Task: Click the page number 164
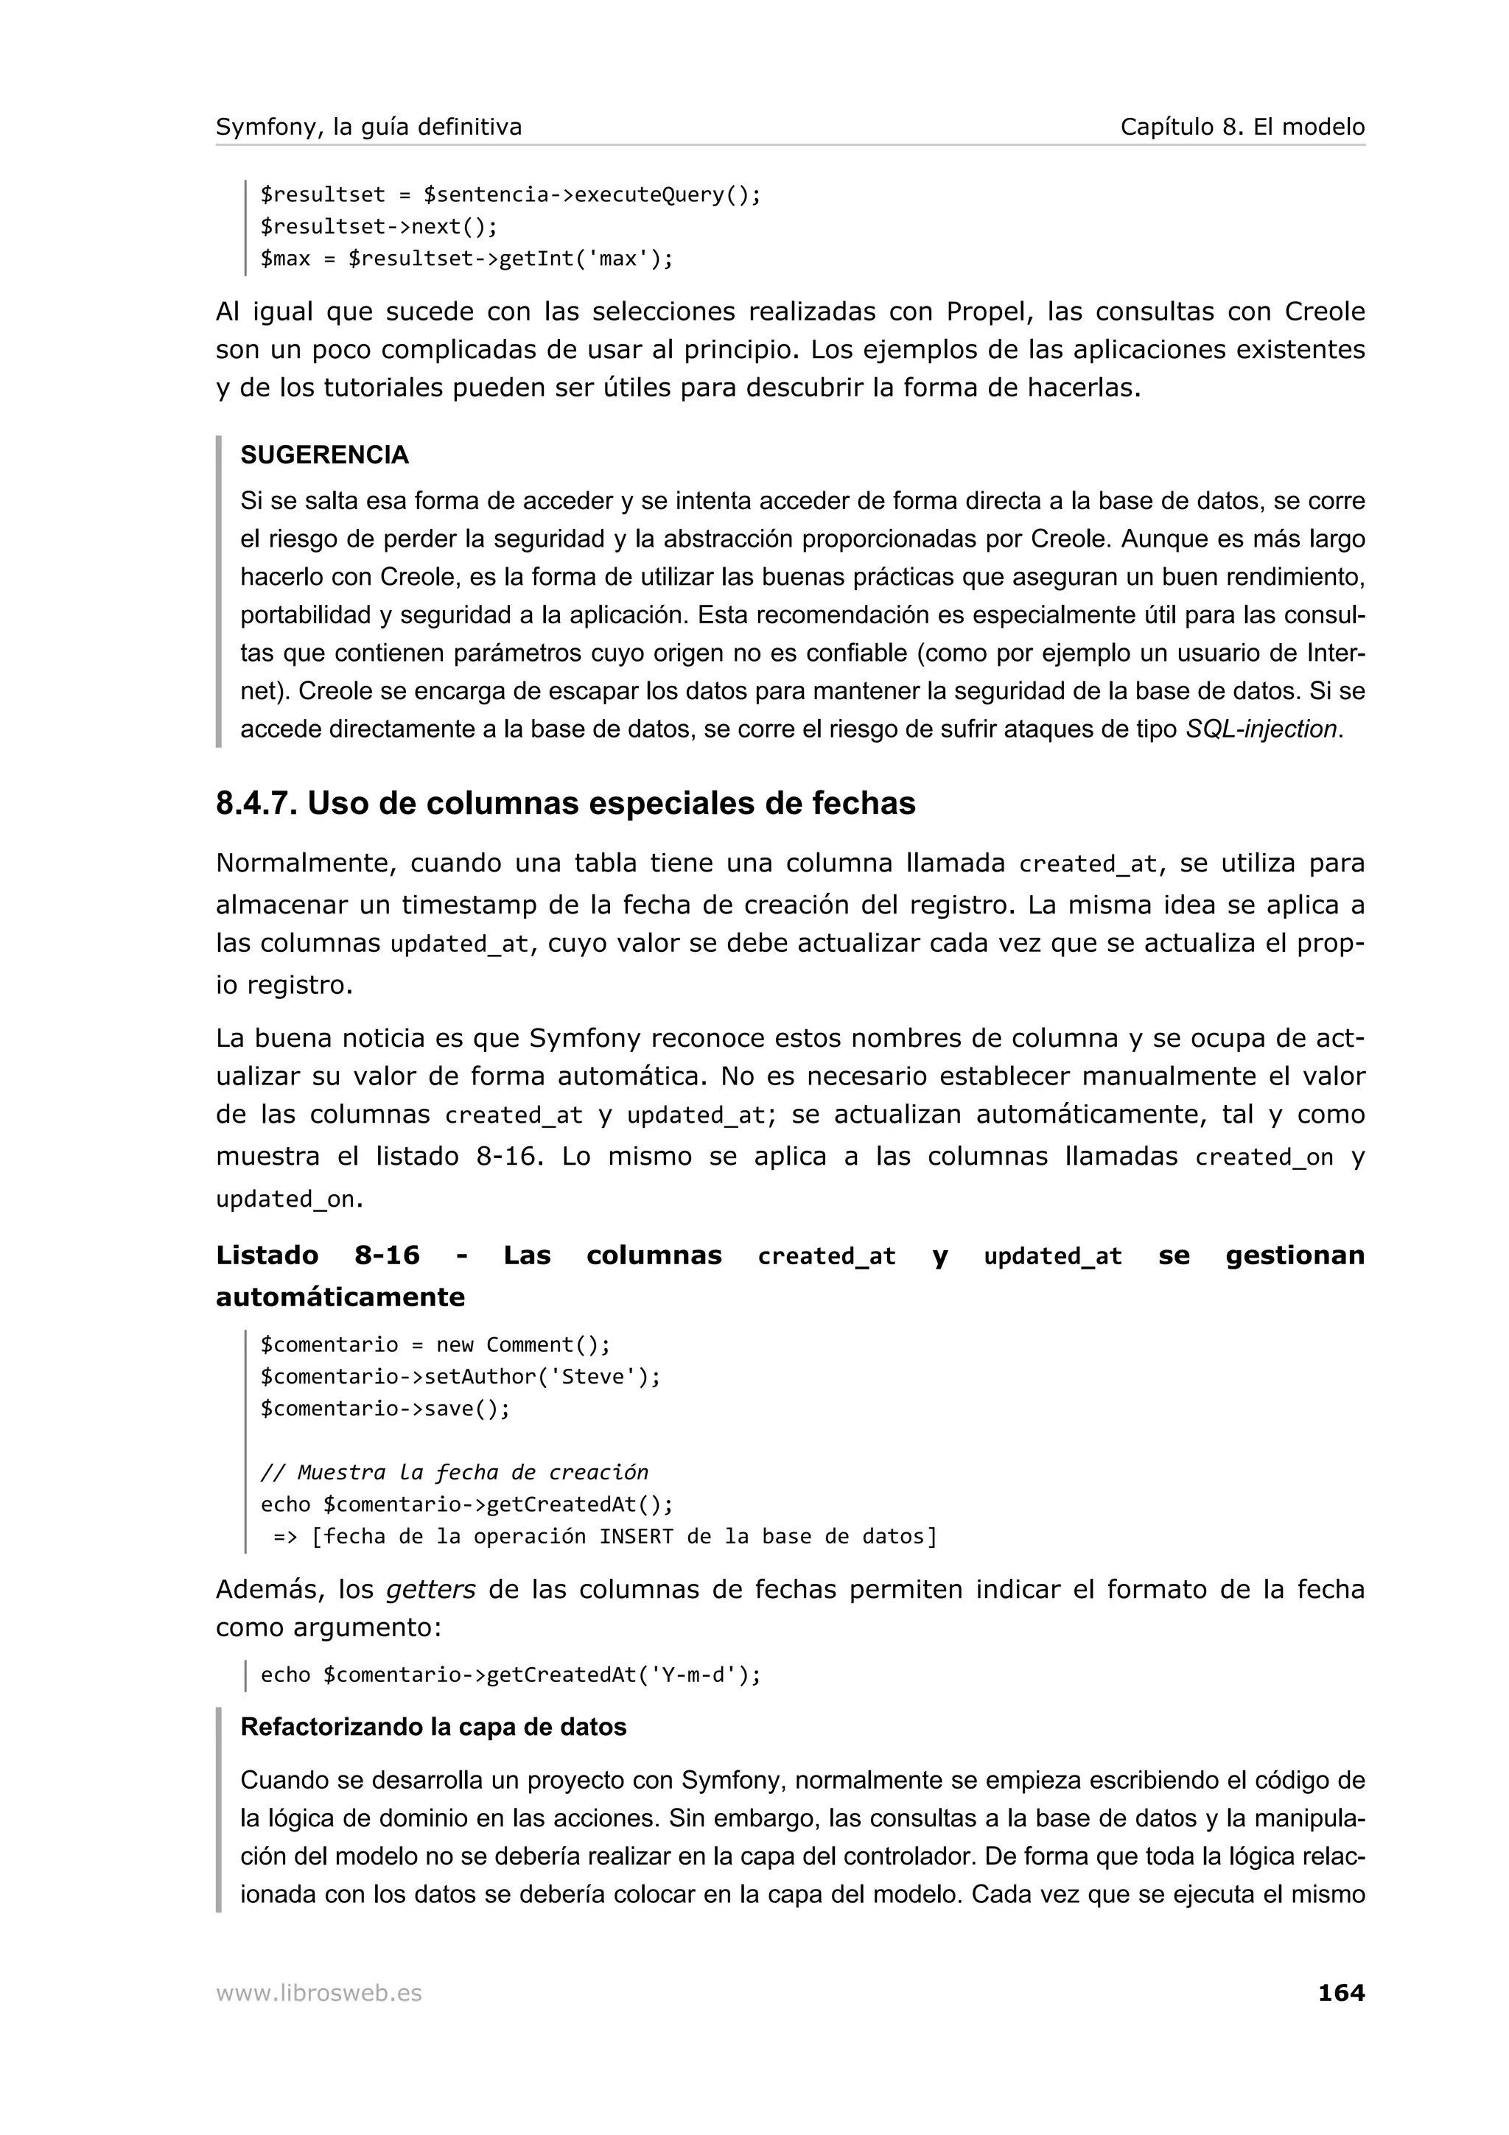pyautogui.click(x=1341, y=1993)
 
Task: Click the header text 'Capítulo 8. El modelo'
pyautogui.click(x=1242, y=127)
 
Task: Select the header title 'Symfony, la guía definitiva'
pyautogui.click(x=368, y=127)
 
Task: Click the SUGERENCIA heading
pyautogui.click(x=324, y=455)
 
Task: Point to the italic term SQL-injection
pyautogui.click(x=1261, y=729)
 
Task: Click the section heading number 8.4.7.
pyautogui.click(x=256, y=804)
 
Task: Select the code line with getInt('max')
pyautogui.click(x=466, y=259)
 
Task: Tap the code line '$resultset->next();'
pyautogui.click(x=379, y=227)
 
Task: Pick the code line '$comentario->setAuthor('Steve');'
pyautogui.click(x=461, y=1376)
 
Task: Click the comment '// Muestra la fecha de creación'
pyautogui.click(x=454, y=1472)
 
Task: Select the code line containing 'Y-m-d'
pyautogui.click(x=511, y=1675)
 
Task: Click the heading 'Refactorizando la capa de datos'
pyautogui.click(x=433, y=1727)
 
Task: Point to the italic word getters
pyautogui.click(x=430, y=1589)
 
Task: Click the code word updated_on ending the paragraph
pyautogui.click(x=285, y=1199)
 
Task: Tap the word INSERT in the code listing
pyautogui.click(x=636, y=1536)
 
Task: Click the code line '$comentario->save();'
pyautogui.click(x=385, y=1408)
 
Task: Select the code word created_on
pyautogui.click(x=1264, y=1157)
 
